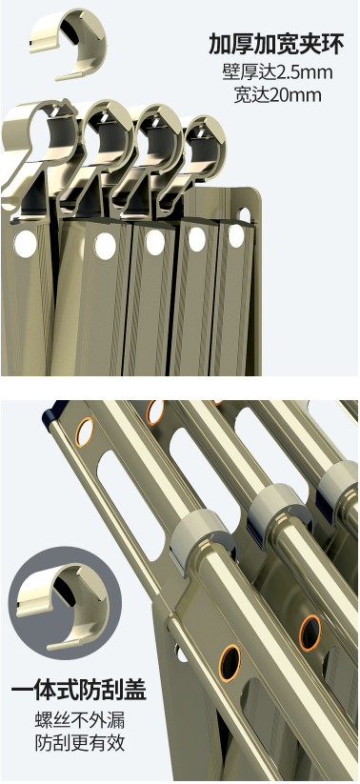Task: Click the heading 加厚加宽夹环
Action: (x=276, y=45)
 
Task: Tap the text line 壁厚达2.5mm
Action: (x=277, y=72)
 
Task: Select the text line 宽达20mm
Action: (x=277, y=94)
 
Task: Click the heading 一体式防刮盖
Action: (x=78, y=690)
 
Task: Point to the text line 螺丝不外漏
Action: (x=80, y=720)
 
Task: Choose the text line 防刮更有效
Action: (x=80, y=743)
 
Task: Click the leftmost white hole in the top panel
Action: (x=25, y=244)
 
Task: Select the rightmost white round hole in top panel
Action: (x=236, y=236)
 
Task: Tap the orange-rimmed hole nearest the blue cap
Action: (x=85, y=432)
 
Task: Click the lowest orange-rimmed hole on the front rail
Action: (x=230, y=663)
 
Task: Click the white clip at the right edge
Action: (x=339, y=484)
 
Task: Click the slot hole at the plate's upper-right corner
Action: (x=246, y=215)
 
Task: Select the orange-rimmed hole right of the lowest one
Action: (x=310, y=633)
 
